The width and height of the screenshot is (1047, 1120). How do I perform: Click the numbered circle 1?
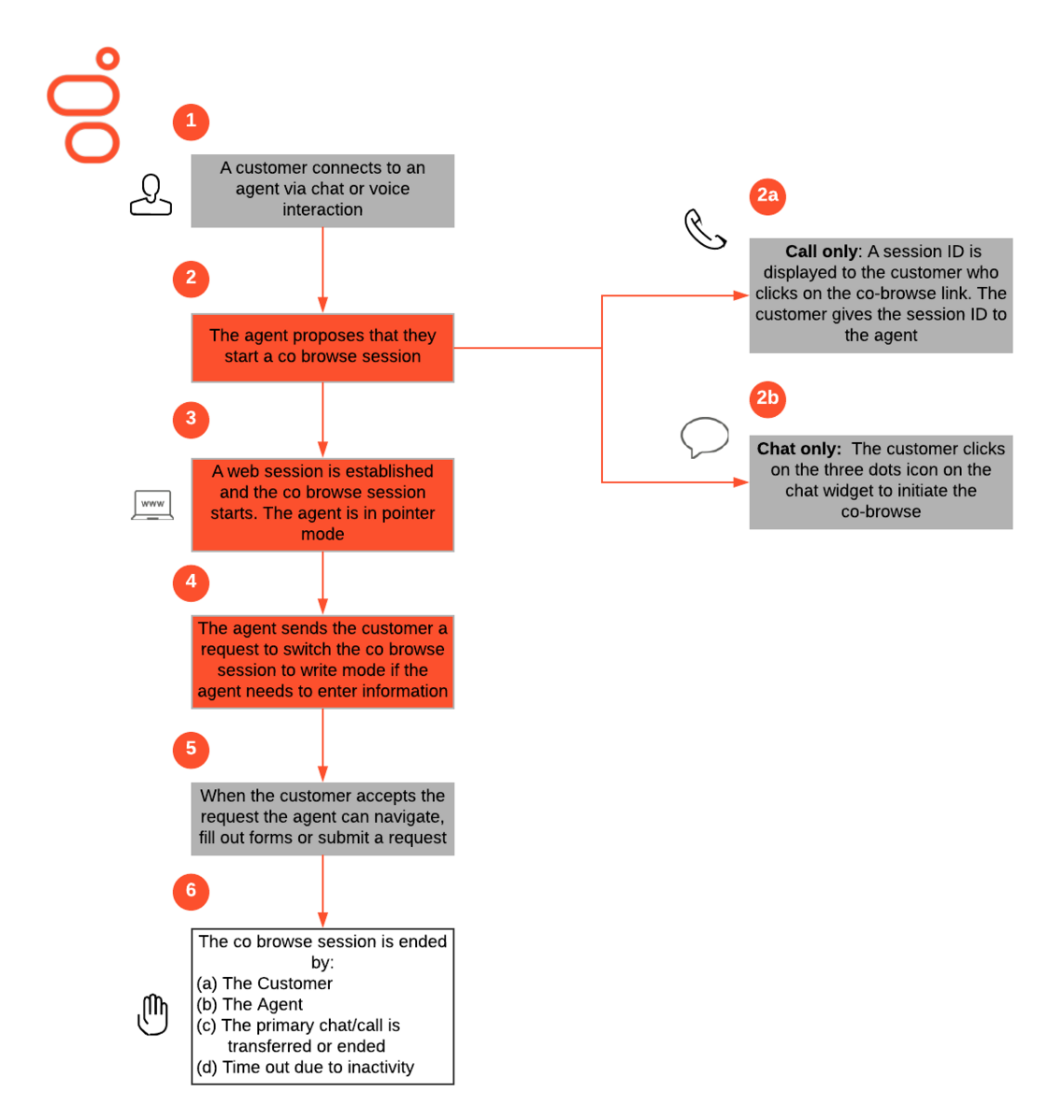[x=191, y=122]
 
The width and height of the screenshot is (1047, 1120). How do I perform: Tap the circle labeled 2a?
[x=767, y=195]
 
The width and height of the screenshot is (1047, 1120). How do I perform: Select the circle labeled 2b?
[x=767, y=398]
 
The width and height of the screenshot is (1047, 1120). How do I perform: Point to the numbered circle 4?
[x=191, y=582]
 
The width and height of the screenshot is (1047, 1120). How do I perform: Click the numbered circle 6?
[x=191, y=892]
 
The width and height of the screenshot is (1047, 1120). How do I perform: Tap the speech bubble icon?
[x=704, y=437]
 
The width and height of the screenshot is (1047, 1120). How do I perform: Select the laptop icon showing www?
[x=152, y=505]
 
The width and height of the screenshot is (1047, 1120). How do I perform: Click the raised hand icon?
[x=152, y=1014]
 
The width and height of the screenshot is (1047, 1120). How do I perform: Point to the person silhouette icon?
[x=151, y=195]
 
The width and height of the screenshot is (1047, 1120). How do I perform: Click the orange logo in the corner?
[x=83, y=105]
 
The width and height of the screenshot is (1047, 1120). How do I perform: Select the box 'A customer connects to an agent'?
[x=323, y=191]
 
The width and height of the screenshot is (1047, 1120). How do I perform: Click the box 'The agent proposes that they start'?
[x=323, y=348]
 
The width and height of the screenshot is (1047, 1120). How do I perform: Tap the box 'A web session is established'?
[x=323, y=505]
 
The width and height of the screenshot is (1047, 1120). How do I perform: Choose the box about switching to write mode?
[x=323, y=662]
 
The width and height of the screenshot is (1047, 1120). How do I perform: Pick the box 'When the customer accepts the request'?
[x=323, y=819]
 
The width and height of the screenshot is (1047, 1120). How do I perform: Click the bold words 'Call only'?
[x=822, y=251]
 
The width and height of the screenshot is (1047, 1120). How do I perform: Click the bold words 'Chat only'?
[x=796, y=449]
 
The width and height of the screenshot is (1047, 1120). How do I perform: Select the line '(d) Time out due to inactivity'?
[x=305, y=1067]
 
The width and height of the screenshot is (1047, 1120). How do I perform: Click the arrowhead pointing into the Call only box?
[x=741, y=295]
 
